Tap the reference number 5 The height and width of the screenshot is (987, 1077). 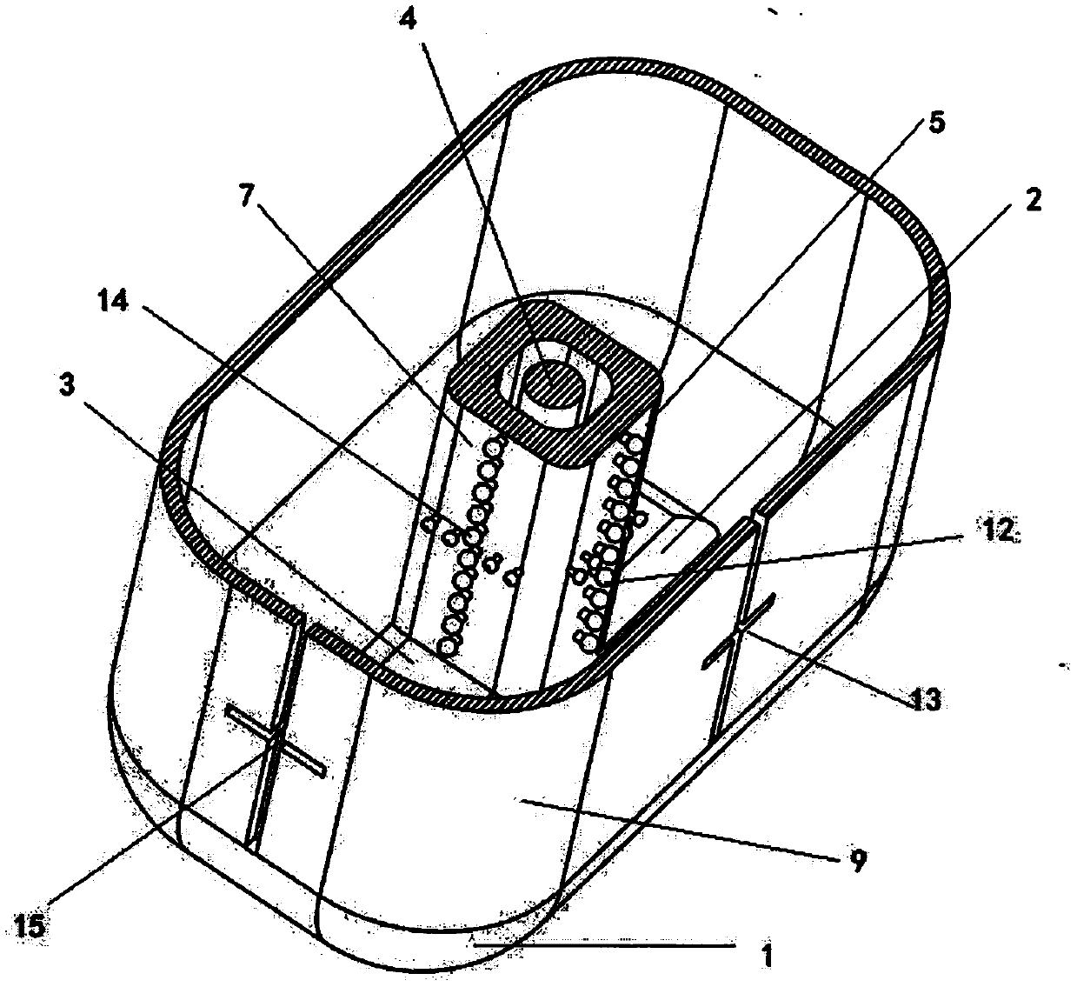point(934,123)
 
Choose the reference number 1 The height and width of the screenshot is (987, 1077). point(766,957)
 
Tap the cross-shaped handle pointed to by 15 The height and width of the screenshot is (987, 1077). point(276,741)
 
